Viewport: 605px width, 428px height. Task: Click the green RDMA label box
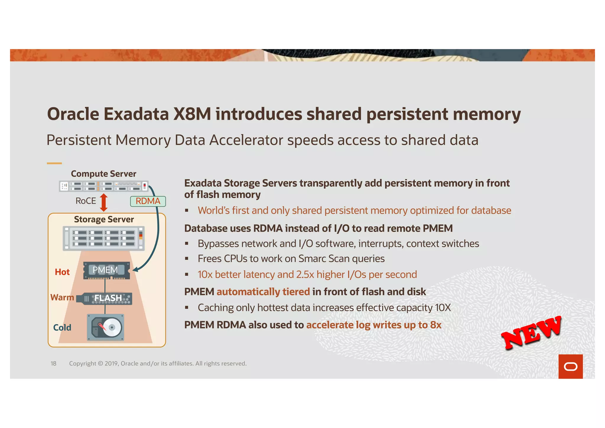click(148, 201)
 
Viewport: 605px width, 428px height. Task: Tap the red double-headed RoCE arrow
click(104, 202)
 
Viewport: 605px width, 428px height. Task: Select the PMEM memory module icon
click(106, 270)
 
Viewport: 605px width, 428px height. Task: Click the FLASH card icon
click(104, 298)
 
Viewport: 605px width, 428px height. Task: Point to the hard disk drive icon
click(105, 327)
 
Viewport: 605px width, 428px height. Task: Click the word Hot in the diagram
click(62, 272)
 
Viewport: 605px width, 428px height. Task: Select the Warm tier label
click(62, 297)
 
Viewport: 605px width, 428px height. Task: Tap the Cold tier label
click(62, 327)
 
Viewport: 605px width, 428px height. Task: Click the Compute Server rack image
click(103, 186)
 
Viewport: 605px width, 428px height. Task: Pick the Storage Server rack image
click(104, 238)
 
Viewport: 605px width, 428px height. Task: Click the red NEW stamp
click(531, 333)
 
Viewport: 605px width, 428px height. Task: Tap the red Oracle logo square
click(570, 366)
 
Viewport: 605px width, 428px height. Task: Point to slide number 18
click(53, 364)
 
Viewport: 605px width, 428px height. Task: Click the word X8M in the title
click(192, 114)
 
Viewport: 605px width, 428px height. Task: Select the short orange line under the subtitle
click(54, 163)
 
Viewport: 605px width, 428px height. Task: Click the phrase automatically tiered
click(263, 292)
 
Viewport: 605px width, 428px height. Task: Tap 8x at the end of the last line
click(435, 325)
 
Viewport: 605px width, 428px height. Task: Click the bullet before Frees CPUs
click(187, 259)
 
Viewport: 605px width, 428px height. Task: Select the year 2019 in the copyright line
click(111, 364)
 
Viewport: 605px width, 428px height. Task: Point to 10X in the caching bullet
click(443, 308)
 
